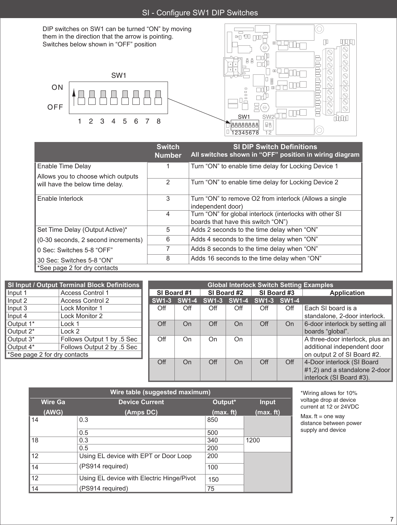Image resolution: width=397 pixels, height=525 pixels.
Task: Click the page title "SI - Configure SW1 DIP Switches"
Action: (x=200, y=13)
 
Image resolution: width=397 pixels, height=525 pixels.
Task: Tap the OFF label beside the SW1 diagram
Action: (x=55, y=107)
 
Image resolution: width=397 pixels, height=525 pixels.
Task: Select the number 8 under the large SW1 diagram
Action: (x=158, y=121)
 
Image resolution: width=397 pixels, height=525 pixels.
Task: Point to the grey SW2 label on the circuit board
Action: (x=268, y=117)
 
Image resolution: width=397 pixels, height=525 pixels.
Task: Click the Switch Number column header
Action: (x=168, y=151)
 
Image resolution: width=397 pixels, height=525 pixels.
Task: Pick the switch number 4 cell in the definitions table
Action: (x=168, y=214)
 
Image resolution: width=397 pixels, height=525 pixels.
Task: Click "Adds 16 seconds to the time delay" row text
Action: (x=256, y=258)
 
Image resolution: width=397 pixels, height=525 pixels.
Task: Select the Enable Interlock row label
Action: (x=60, y=199)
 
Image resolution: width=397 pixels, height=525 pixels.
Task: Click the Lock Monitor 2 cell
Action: (x=81, y=316)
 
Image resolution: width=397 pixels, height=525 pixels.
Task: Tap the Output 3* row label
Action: (x=21, y=339)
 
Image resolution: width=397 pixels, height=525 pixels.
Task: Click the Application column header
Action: (x=347, y=293)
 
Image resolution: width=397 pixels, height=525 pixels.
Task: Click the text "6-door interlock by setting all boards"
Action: (x=345, y=324)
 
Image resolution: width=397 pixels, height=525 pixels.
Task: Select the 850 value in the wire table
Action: (x=212, y=420)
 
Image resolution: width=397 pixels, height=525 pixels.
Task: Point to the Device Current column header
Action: (x=141, y=402)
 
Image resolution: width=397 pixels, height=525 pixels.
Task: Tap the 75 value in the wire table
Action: (x=211, y=488)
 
